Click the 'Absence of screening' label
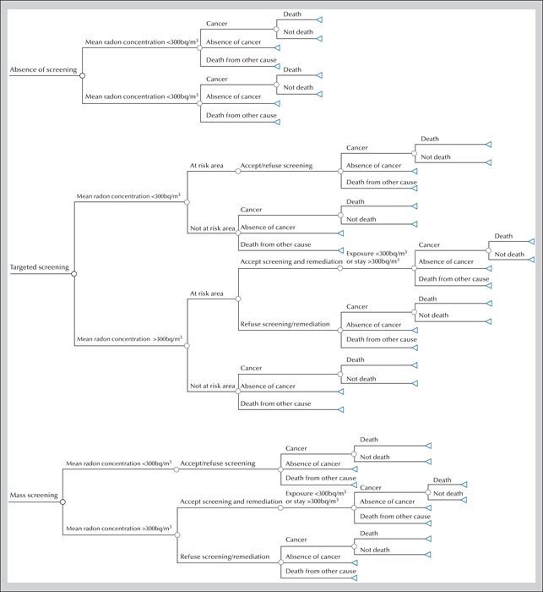point(43,69)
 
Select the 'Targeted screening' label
point(40,267)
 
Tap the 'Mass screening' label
point(34,495)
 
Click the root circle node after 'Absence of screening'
point(82,75)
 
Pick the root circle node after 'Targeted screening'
point(74,274)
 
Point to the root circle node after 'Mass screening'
point(63,502)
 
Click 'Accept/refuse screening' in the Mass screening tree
point(218,463)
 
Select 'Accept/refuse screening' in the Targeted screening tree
point(276,166)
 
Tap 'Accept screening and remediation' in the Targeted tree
point(291,261)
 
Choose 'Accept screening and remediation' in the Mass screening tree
point(231,502)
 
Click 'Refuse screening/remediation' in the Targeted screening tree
point(285,324)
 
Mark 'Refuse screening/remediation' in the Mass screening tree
point(225,556)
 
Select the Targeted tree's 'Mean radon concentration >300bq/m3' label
point(130,338)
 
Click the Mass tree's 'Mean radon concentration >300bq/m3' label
point(119,529)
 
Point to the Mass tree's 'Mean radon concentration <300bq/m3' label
point(119,463)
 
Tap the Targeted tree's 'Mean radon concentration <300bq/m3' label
point(128,196)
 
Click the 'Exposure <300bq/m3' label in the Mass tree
point(316,493)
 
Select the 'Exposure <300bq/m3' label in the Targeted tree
point(377,254)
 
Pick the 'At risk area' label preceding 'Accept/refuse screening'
point(207,166)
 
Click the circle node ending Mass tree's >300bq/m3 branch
point(177,534)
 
